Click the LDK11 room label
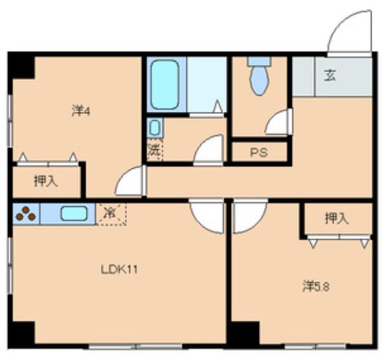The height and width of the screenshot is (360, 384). click(119, 270)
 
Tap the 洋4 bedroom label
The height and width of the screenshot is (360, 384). click(81, 111)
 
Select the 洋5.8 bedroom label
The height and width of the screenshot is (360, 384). click(316, 286)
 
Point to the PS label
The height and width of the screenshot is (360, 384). click(259, 153)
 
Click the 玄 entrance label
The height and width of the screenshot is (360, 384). click(330, 75)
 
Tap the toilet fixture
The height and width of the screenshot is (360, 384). click(259, 76)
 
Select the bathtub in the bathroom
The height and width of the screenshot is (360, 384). click(164, 84)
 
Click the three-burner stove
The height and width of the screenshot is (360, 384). click(26, 213)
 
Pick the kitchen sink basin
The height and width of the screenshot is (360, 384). click(74, 213)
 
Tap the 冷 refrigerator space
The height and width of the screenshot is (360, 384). click(111, 214)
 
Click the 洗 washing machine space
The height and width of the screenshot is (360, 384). click(154, 150)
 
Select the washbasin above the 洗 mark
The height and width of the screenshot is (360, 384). click(154, 128)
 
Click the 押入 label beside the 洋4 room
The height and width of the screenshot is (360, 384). click(46, 181)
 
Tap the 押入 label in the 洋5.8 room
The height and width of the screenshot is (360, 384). click(337, 218)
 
